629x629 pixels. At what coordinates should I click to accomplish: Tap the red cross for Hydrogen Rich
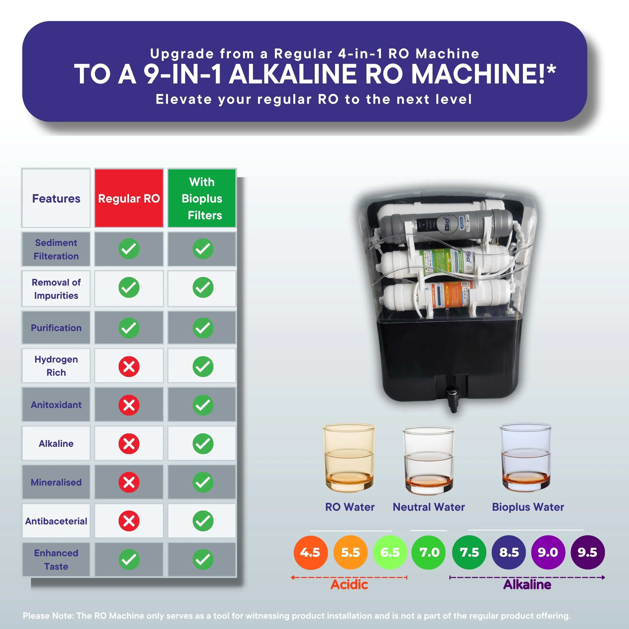coord(129,366)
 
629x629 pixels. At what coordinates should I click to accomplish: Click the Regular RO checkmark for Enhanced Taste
coord(129,559)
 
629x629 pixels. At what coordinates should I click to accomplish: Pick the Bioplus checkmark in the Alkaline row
coord(203,443)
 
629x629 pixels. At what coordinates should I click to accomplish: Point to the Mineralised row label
coord(56,482)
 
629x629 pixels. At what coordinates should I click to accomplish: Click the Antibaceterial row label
coord(56,521)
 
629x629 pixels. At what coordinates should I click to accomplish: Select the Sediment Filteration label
coord(56,249)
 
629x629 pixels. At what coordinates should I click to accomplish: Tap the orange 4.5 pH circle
coord(310,552)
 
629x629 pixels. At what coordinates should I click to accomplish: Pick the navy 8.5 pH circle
coord(508,552)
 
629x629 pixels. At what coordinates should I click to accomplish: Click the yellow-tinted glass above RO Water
coord(349,457)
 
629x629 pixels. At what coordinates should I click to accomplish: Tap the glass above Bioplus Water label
coord(525,457)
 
